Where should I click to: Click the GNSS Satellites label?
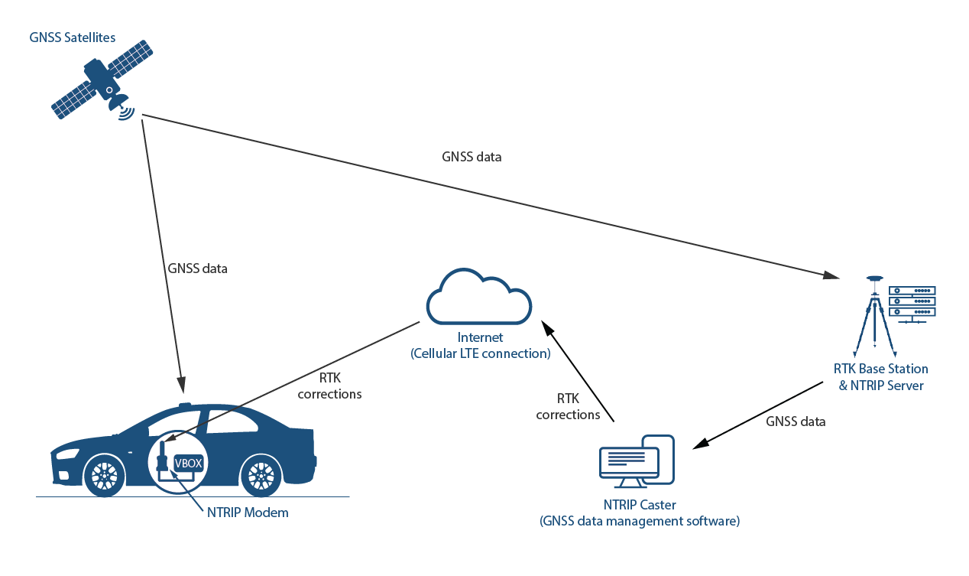(73, 37)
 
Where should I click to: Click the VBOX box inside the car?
(188, 463)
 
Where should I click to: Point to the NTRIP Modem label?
(248, 513)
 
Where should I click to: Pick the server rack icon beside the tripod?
(912, 303)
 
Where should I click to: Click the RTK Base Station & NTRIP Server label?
(880, 377)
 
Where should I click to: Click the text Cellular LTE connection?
(480, 353)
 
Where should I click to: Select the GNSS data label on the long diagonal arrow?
(472, 157)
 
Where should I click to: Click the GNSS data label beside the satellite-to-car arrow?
(197, 268)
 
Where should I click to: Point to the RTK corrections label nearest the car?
(329, 387)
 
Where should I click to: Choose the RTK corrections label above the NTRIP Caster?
(568, 407)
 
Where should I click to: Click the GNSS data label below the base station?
(796, 421)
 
